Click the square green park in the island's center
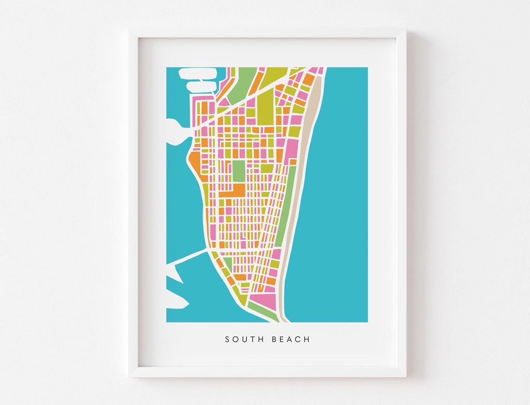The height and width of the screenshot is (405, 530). pyautogui.click(x=239, y=171)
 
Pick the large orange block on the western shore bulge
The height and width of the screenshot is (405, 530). pyautogui.click(x=195, y=164)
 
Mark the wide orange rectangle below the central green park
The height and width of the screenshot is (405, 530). pyautogui.click(x=233, y=191)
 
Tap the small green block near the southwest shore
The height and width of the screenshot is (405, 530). pyautogui.click(x=228, y=264)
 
